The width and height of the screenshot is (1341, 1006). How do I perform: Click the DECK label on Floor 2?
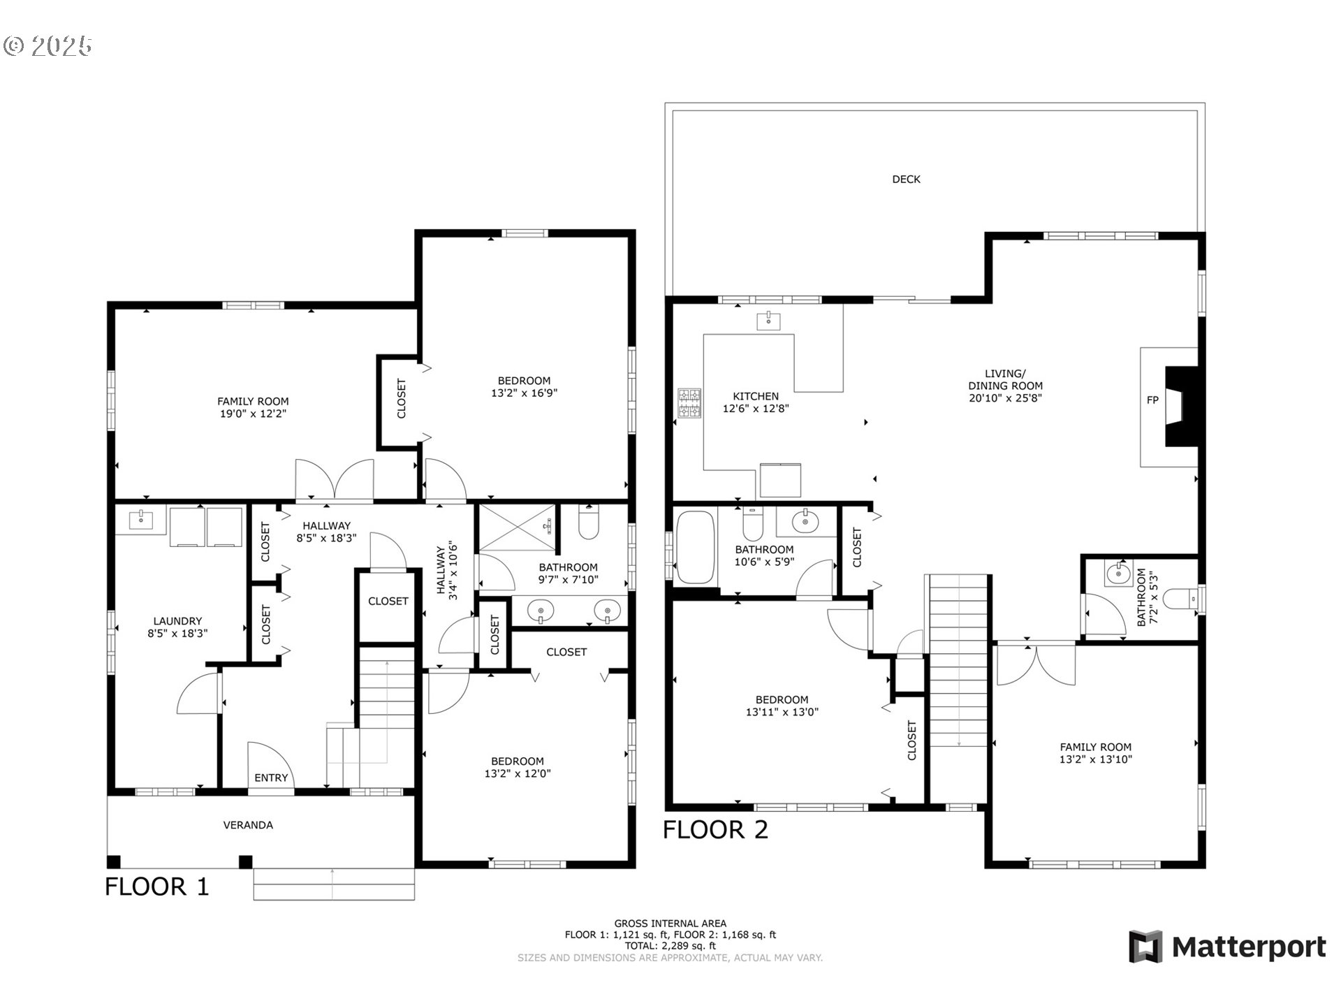tap(906, 180)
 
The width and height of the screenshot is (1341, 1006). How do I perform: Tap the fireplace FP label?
tap(1152, 400)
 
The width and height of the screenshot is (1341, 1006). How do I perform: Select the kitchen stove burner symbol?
tap(689, 403)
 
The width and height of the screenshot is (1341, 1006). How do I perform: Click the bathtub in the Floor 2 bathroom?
tap(695, 547)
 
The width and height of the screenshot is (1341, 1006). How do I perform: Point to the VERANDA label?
tap(248, 825)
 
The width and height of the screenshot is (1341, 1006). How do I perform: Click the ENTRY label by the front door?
tap(271, 778)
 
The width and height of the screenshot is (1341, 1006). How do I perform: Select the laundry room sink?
tap(142, 519)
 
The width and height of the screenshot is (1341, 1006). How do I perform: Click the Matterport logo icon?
tap(1145, 947)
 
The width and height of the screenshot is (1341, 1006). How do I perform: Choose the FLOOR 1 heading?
tap(156, 887)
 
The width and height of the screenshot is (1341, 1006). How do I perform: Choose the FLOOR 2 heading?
tap(715, 830)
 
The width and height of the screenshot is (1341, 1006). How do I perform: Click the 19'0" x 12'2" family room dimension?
tap(253, 414)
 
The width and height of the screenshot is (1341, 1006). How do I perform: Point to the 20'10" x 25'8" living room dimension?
tap(1005, 398)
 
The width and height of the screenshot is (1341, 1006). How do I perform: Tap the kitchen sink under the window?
tap(768, 321)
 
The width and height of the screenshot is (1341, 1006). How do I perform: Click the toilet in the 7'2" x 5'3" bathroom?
tap(1180, 598)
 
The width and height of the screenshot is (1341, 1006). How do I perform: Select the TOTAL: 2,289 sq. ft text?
tap(670, 946)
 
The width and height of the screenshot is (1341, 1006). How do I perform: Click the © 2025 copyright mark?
tap(47, 46)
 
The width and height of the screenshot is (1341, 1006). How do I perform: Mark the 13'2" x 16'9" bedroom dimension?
tap(524, 393)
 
